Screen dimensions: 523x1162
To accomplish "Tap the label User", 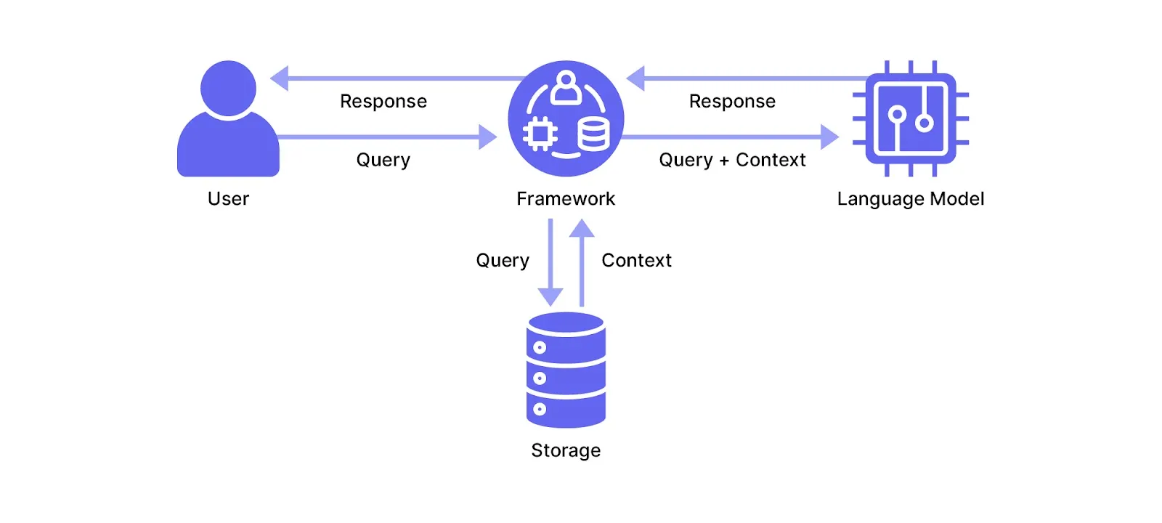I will coord(228,198).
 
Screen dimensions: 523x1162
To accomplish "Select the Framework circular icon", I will coord(566,118).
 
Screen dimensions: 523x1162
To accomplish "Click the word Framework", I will coord(566,198).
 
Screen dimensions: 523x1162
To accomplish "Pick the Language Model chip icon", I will coord(911,118).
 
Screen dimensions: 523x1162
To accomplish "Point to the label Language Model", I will coord(911,198).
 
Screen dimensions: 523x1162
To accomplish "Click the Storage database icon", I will coord(566,370).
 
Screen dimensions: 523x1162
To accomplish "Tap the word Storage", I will coord(566,450).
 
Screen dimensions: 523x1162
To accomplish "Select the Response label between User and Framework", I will coord(383,101).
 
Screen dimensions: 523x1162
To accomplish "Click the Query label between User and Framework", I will coord(383,160).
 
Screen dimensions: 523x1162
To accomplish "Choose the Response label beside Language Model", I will coord(732,101).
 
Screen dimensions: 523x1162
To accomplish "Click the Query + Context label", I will coord(732,160).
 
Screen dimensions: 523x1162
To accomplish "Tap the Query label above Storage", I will coord(503,260).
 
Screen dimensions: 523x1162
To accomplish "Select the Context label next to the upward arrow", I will coord(636,260).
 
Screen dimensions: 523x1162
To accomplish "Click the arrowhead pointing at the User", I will coord(280,78).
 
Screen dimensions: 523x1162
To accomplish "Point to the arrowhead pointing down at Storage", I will coord(550,297).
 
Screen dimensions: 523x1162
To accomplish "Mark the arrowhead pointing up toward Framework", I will coord(582,229).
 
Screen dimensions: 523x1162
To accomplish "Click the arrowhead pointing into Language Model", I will coord(829,137).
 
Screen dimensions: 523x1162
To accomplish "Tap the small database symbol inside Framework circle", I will coord(593,134).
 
